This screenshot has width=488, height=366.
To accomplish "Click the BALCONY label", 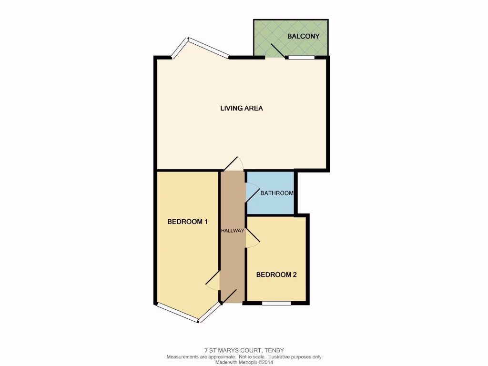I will coord(303,36).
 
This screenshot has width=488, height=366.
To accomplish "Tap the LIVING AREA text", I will coord(241,108).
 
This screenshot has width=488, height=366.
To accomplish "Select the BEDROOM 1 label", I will coord(187,222).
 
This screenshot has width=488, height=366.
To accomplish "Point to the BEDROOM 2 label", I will coord(276,274).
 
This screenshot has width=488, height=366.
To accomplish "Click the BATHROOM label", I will coord(276,193).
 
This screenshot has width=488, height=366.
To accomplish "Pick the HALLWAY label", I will coord(233,231).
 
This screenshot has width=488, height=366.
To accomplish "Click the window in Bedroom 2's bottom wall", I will coord(276,303).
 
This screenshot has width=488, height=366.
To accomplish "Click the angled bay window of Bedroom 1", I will coord(177,313).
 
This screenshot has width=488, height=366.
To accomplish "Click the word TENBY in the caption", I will coord(274,350).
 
